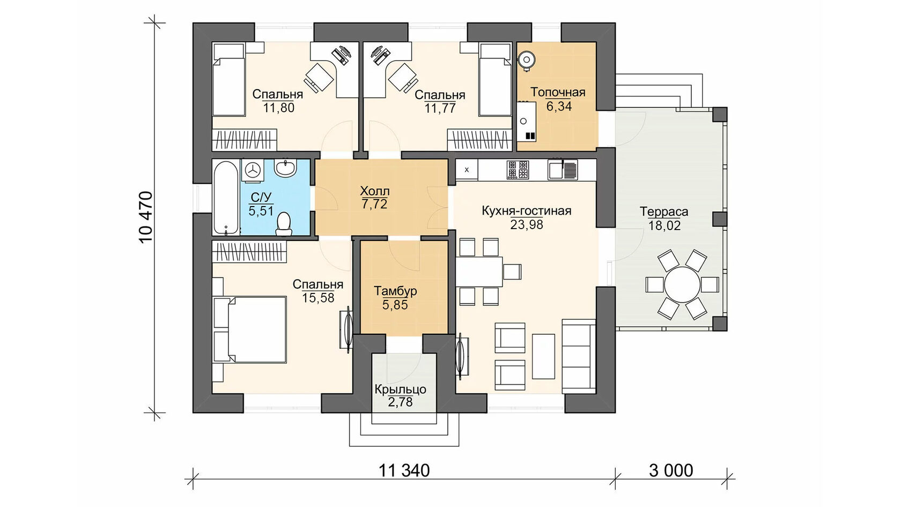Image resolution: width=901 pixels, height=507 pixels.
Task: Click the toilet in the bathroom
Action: point(284,224)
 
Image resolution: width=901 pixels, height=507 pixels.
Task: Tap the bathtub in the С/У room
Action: point(226,197)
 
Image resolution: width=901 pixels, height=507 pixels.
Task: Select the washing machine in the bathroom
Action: point(253,170)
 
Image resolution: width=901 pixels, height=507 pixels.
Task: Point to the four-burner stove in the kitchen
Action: point(518,170)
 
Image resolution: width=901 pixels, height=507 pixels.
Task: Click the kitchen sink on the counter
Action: point(562,170)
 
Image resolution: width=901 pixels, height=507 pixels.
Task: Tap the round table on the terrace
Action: point(682,284)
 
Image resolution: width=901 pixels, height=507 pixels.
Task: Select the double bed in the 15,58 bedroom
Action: point(250,329)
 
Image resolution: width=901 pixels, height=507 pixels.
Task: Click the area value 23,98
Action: point(527,224)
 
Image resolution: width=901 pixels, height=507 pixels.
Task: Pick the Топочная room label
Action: point(558,92)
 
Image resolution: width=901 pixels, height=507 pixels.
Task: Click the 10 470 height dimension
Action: point(146,217)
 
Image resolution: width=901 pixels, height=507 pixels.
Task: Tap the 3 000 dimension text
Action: point(671,471)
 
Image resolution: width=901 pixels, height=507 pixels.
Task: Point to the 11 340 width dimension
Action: point(404,471)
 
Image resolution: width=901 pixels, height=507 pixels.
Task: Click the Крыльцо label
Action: point(400,390)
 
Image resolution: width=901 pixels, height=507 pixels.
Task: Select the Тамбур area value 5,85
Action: point(395,305)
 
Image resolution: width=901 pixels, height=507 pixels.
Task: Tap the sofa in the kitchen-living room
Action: point(578,356)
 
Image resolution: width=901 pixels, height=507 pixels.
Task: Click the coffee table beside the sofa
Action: point(543,356)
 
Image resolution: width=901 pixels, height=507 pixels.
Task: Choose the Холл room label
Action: point(374,191)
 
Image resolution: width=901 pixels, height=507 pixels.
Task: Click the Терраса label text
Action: point(664,211)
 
